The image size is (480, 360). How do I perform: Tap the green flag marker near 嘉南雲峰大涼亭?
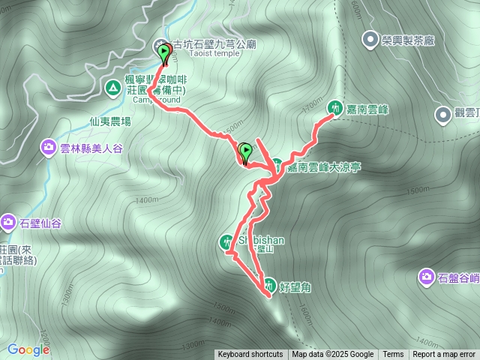point(245,153)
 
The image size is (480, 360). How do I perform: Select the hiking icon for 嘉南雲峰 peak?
point(333,108)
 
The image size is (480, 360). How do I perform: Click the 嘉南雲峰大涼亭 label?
point(324,167)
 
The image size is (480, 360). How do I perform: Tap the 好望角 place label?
point(293,285)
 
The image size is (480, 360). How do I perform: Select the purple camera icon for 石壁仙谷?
point(8,222)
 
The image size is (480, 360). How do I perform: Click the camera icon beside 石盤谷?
point(427,278)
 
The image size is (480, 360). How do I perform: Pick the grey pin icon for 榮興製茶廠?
point(369,39)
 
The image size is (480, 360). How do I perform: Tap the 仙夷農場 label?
point(109,121)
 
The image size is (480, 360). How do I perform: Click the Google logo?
point(28,349)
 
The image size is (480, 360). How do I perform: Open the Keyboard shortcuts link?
point(250,355)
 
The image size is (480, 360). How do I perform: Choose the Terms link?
point(393,355)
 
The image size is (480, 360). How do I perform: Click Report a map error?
point(444,355)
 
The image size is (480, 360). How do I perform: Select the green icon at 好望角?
point(269,284)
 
